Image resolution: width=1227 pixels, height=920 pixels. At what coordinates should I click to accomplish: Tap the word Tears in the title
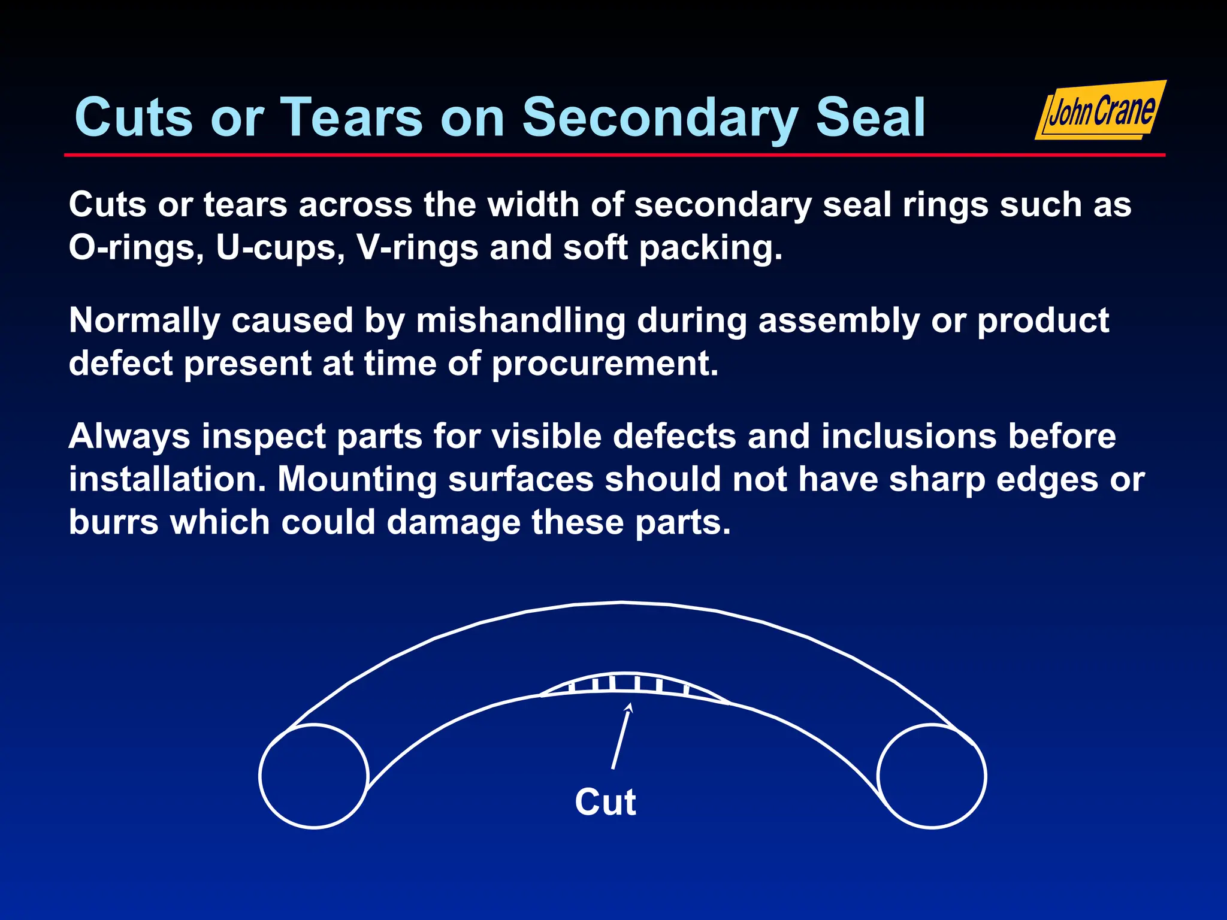pos(352,118)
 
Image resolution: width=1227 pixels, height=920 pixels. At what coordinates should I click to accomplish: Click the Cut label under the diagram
pos(605,802)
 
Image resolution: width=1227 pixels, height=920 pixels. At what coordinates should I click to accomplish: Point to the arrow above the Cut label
pos(621,736)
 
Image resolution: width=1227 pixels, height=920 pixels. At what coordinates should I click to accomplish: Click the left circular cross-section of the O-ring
pos(313,776)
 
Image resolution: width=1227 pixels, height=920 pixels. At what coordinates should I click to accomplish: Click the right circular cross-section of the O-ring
pos(932,776)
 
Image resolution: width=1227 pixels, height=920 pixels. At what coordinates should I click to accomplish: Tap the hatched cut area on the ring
pos(629,684)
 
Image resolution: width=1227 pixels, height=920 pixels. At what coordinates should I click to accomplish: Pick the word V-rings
pos(418,248)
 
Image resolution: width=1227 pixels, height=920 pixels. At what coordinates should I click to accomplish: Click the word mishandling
pos(521,321)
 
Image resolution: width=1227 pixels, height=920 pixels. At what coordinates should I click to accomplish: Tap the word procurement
pos(605,364)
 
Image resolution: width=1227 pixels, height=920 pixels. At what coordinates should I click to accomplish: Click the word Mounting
pos(357,479)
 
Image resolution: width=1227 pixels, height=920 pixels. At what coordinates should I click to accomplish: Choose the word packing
pos(711,248)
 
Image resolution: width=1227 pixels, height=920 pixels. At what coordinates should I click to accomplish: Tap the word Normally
pos(144,321)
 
